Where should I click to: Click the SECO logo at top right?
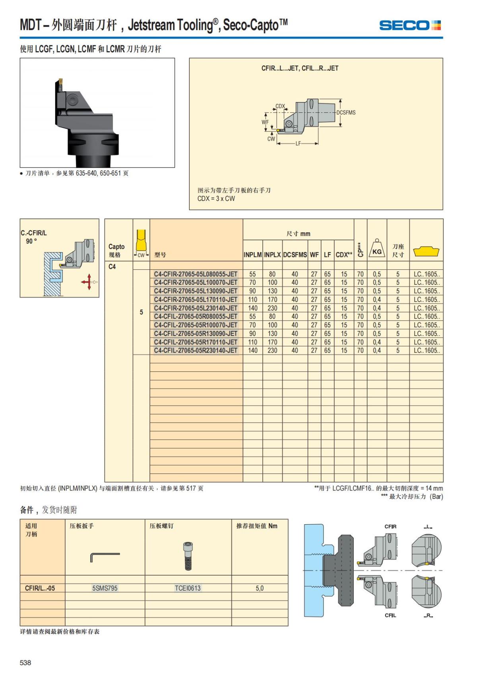[410, 26]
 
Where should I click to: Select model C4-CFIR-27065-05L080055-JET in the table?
[196, 274]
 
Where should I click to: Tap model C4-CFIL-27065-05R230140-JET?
[196, 350]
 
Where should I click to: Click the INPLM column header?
[252, 255]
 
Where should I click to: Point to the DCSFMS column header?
[295, 255]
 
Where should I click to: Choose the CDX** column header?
[344, 255]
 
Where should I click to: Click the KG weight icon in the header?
[377, 249]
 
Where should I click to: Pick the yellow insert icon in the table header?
[426, 251]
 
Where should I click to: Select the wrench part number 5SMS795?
[105, 588]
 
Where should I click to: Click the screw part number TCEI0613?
[188, 588]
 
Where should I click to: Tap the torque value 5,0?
[260, 588]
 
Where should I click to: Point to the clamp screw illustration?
[188, 556]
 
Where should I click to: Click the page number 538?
[25, 662]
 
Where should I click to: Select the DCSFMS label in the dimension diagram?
[346, 113]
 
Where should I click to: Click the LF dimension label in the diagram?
[298, 144]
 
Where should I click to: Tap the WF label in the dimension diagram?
[265, 122]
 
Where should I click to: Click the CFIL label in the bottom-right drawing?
[390, 615]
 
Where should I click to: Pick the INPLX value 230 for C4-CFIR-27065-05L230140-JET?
[272, 308]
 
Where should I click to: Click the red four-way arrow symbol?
[88, 282]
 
